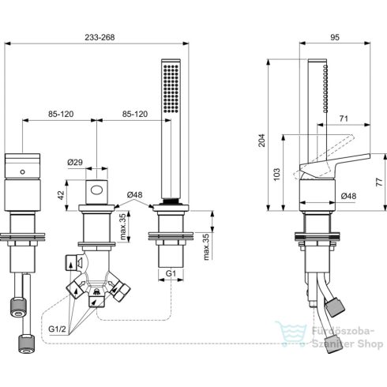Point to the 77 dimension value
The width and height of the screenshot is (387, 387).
tap(380, 181)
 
